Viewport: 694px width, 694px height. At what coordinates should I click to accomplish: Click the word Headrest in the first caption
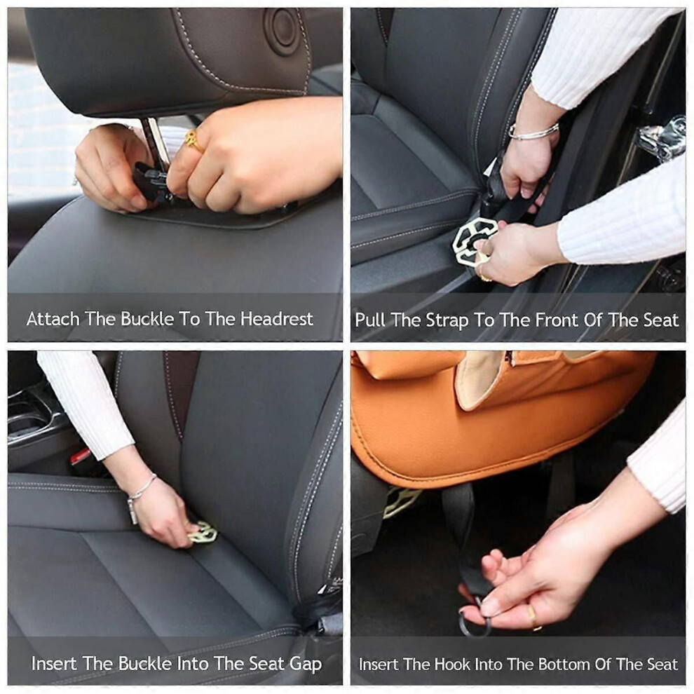coord(277,319)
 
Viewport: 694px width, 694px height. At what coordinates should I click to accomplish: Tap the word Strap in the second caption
coord(447,320)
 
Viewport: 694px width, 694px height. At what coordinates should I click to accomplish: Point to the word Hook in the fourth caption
coord(452,665)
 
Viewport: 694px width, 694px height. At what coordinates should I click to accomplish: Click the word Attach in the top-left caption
coord(53,319)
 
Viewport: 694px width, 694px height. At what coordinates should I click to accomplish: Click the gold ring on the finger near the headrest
coord(194,141)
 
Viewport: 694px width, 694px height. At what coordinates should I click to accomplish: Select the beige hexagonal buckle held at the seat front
coord(474,243)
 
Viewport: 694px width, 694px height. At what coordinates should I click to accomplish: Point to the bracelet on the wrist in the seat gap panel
coord(140,495)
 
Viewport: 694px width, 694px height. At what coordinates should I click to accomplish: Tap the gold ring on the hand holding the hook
coord(533,617)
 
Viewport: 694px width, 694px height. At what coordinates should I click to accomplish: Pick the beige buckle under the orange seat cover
coord(400,501)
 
